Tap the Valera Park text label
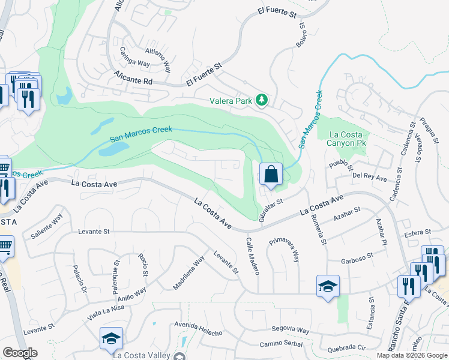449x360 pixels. (231, 101)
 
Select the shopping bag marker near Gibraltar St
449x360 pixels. (271, 175)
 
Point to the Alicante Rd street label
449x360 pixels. (134, 76)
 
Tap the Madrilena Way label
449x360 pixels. (189, 273)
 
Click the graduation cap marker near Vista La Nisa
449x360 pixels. (112, 340)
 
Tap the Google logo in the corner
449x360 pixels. (20, 353)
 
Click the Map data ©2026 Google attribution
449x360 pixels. (411, 355)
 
